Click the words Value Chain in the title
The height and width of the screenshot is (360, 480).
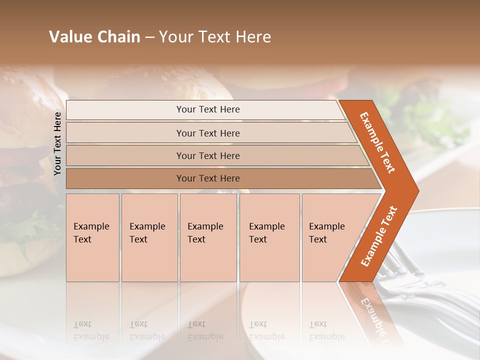pyautogui.click(x=94, y=37)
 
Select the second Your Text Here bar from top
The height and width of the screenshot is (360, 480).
pyautogui.click(x=207, y=133)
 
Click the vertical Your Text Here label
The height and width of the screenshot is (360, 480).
pyautogui.click(x=57, y=143)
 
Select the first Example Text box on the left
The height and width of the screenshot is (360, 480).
pyautogui.click(x=92, y=237)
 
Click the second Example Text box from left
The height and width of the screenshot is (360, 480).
pyautogui.click(x=149, y=237)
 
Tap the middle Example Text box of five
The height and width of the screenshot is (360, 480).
pyautogui.click(x=208, y=237)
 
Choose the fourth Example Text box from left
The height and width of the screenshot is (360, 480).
pyautogui.click(x=269, y=237)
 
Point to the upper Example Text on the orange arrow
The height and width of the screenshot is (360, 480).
pyautogui.click(x=377, y=142)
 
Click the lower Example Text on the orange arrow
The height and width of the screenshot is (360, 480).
pyautogui.click(x=379, y=236)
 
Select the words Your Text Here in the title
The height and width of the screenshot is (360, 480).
pyautogui.click(x=215, y=37)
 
